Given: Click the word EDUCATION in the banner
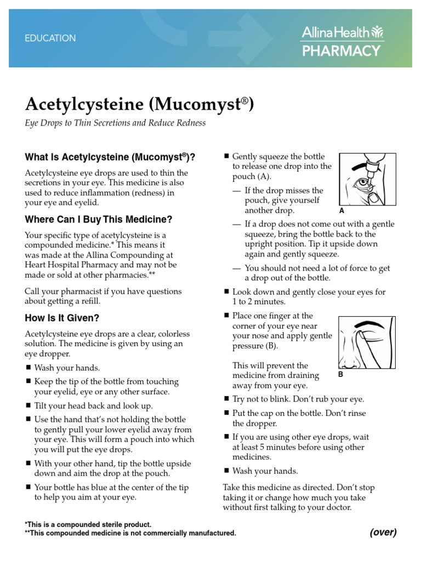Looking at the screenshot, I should point(50,38).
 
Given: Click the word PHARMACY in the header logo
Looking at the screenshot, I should point(342,51).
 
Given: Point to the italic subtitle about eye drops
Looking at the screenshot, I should point(116,123).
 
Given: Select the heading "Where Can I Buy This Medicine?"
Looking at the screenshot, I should point(99,220).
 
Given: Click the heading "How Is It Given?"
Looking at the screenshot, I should point(62,318).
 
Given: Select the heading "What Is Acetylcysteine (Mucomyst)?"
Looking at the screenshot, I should point(110,157).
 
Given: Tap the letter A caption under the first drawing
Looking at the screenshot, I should point(342,210).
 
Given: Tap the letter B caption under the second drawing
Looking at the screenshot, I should point(341,375).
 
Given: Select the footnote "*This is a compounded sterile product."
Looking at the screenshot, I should point(88,524).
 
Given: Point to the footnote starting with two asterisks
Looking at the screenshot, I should point(130,533).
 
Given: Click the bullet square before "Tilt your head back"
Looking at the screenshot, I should point(28,406).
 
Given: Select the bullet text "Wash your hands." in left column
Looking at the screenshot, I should point(67,368).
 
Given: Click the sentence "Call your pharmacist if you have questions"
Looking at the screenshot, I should point(103,291).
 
